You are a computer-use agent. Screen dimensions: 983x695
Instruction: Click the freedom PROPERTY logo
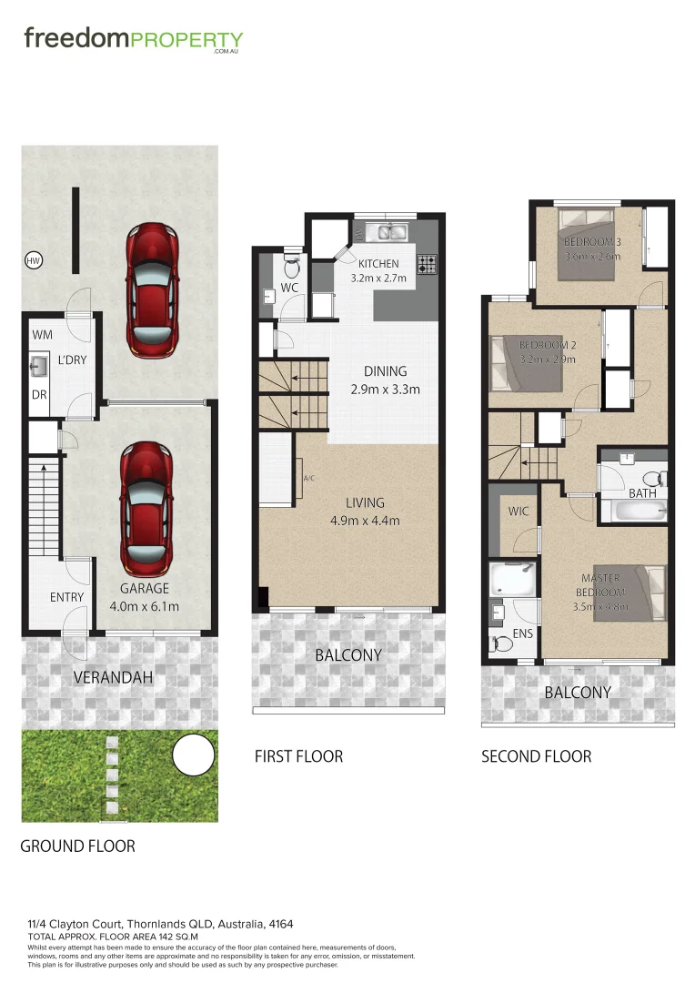[133, 40]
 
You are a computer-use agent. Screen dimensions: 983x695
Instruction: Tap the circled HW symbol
[34, 261]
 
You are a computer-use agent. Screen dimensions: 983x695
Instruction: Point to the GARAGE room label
[145, 588]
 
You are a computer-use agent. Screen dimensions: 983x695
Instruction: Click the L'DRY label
[72, 360]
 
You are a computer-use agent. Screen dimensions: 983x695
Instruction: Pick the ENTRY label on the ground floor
[66, 597]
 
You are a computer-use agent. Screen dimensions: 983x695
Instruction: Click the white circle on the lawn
[193, 755]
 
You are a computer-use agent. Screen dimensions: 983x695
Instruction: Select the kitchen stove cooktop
[427, 265]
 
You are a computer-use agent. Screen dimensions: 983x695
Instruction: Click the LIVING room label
[364, 502]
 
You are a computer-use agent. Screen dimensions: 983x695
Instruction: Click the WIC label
[518, 512]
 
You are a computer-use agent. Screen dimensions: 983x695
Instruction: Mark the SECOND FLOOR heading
[536, 756]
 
